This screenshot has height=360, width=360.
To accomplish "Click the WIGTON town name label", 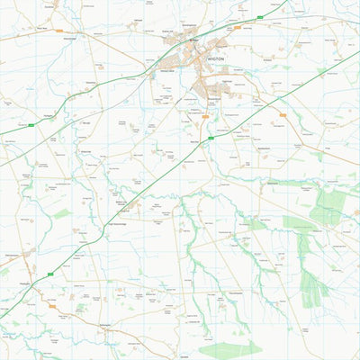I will [x=215, y=57].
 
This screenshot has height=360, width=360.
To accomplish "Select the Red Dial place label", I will [x=193, y=141].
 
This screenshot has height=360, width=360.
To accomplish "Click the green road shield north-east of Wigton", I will [x=258, y=17].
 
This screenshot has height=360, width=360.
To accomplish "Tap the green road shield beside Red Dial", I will [x=211, y=138].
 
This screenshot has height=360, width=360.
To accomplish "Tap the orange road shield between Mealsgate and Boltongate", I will [x=51, y=306].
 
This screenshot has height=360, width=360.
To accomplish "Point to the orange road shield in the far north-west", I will [x=58, y=31].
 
